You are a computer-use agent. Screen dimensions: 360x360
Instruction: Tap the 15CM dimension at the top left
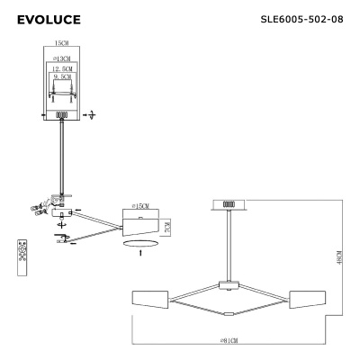coord(61,42)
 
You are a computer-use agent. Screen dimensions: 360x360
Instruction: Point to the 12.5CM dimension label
coord(61,68)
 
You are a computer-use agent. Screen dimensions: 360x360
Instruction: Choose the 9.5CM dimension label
coord(61,78)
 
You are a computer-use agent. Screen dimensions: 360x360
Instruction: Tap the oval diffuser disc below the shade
coord(139,242)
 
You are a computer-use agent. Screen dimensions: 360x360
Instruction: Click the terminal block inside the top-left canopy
coord(62,115)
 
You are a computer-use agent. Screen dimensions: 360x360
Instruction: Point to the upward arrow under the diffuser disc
coord(139,256)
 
